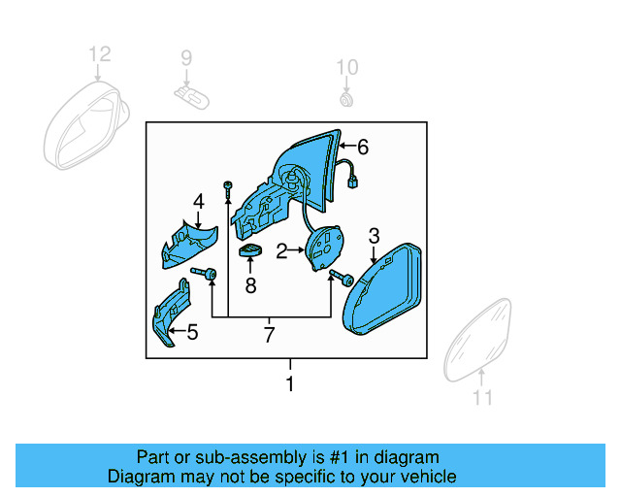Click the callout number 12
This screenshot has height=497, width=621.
click(100, 54)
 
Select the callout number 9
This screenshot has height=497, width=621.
click(186, 60)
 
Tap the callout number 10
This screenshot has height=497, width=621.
click(346, 67)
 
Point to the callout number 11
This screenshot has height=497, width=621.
click(482, 397)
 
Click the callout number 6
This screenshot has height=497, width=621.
click(363, 148)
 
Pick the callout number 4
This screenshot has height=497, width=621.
click(198, 202)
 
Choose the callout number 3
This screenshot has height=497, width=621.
click(374, 236)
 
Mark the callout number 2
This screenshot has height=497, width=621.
click(281, 251)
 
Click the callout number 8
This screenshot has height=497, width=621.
click(250, 285)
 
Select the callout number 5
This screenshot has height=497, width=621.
click(192, 333)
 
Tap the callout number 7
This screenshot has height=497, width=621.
click(270, 335)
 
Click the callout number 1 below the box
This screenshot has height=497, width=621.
click(288, 384)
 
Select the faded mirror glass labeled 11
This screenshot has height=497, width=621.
click(481, 340)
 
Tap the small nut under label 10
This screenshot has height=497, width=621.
click(346, 98)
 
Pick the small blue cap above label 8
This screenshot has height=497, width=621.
click(251, 253)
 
